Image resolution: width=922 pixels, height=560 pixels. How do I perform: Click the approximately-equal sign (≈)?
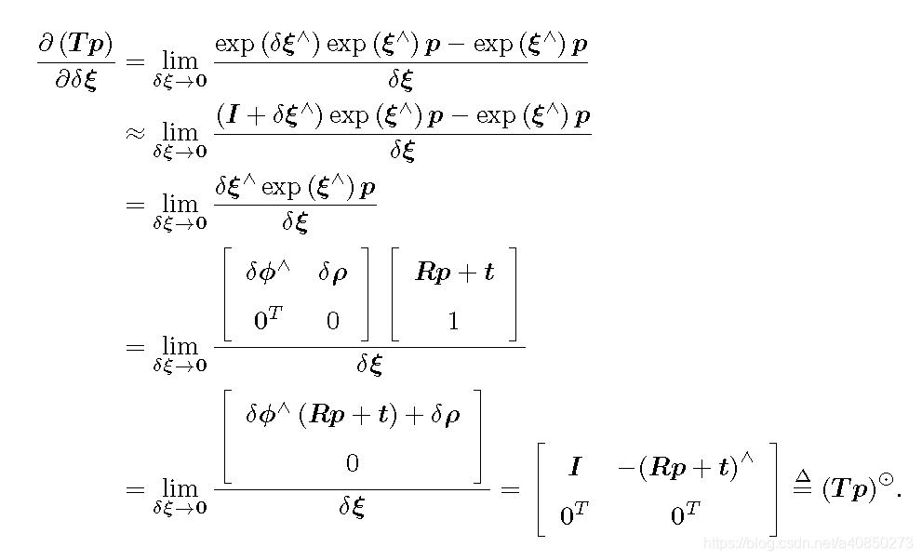coord(136,133)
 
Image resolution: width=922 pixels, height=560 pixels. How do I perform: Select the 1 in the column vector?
coord(453,322)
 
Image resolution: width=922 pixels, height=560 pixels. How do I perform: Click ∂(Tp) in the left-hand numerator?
coord(75,43)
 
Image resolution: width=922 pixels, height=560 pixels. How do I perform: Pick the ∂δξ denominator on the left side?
coord(76,80)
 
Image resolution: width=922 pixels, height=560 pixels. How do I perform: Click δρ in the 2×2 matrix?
coord(336,273)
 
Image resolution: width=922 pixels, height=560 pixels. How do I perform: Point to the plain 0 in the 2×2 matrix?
coord(332,322)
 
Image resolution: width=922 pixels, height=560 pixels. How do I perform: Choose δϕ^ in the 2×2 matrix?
coord(268,273)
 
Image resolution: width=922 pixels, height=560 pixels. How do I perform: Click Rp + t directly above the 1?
coord(454,273)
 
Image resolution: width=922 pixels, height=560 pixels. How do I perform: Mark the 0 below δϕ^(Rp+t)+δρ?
coord(352,463)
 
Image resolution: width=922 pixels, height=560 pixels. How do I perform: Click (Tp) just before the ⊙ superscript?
coord(849,488)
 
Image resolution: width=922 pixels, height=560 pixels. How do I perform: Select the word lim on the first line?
coord(180,60)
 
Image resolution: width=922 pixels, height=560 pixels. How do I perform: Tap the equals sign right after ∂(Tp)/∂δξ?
coord(136,61)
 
